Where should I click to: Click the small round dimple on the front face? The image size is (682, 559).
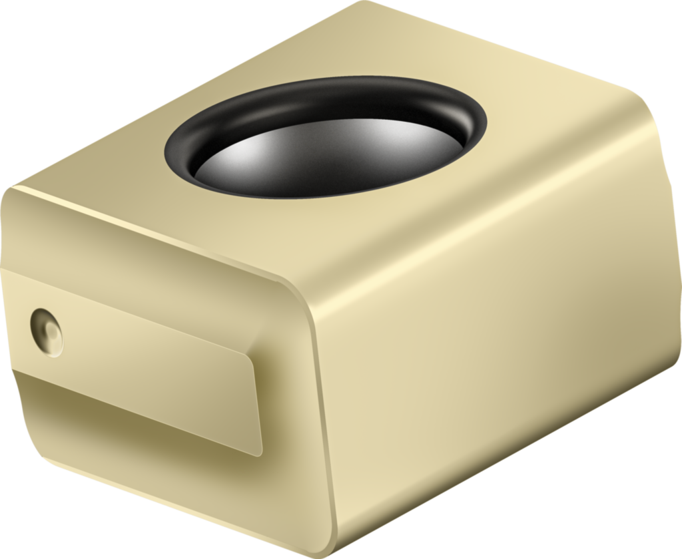tap(47, 331)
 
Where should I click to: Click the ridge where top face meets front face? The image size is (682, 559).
tap(153, 230)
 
